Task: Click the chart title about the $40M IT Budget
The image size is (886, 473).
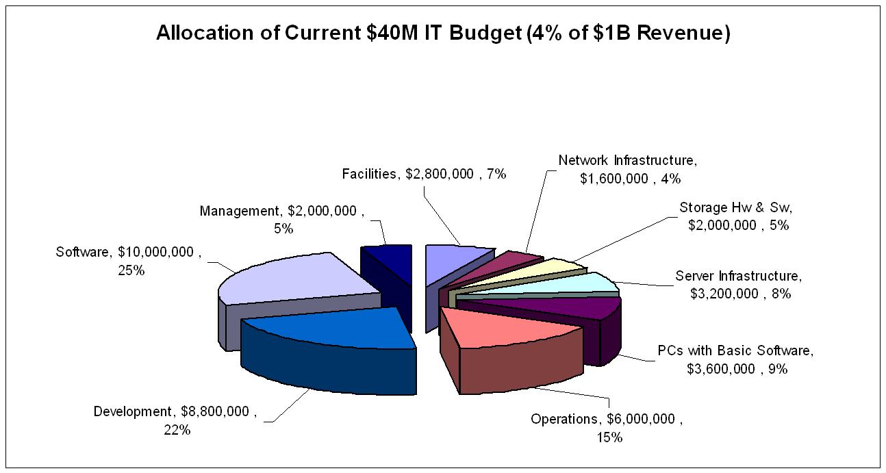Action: pos(443,34)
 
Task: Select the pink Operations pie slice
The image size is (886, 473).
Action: pos(507,328)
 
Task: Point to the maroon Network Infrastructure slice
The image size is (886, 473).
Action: pos(520,264)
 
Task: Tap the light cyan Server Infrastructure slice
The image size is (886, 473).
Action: pos(589,281)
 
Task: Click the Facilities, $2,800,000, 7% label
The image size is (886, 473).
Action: pos(424,174)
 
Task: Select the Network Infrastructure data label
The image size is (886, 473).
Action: pos(627,169)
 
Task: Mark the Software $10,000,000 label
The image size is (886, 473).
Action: pos(129,261)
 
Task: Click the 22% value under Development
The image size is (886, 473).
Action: pos(177,430)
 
